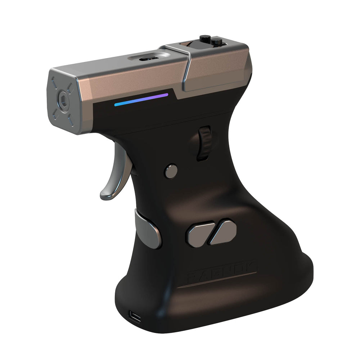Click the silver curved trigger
coord(114,180)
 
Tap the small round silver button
coord(171,171)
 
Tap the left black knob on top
coord(205,39)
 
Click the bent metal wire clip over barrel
coord(187,68)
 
